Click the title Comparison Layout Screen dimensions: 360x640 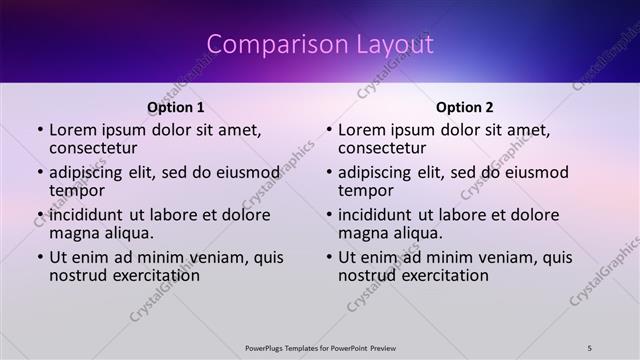click(320, 45)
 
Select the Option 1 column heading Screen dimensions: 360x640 click(175, 108)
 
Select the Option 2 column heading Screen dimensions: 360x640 click(464, 108)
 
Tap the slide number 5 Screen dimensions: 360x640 click(590, 347)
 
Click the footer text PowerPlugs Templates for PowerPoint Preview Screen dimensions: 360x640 click(320, 347)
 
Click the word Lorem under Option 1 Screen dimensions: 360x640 click(73, 130)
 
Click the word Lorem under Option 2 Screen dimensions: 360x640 click(362, 130)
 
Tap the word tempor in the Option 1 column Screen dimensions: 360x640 click(77, 191)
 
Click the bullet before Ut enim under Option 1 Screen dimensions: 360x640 click(40, 257)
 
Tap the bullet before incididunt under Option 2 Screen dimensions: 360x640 click(329, 215)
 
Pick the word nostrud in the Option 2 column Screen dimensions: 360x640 click(366, 275)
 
